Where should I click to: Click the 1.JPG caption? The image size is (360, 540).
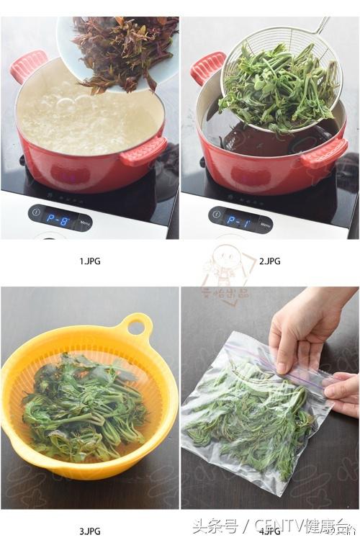90,261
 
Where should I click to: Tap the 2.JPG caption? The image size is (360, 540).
269,261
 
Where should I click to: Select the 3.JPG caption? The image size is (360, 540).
90,531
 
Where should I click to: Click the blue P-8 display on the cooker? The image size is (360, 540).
59,220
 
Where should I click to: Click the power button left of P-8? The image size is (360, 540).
36,213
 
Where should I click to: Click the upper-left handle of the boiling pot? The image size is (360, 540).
27,66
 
